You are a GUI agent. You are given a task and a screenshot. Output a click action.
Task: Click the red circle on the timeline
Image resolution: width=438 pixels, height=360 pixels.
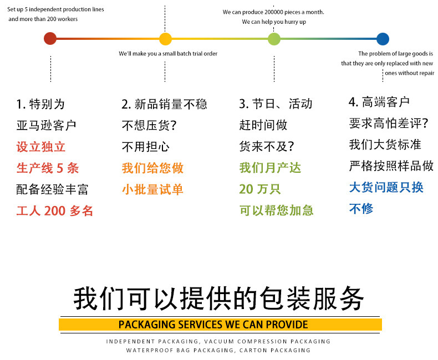coord(50,39)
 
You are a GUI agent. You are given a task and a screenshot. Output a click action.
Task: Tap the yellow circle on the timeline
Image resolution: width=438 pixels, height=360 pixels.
coord(165,39)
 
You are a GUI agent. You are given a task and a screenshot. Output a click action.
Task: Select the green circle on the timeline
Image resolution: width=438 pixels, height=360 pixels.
coord(274,39)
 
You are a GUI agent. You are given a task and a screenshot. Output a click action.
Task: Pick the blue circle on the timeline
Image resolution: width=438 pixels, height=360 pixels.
coord(383,39)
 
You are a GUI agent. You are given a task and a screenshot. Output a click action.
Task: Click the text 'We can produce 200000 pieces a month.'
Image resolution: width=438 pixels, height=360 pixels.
coord(273,12)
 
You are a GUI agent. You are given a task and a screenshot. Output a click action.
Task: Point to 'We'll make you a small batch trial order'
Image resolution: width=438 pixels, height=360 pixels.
coord(168,54)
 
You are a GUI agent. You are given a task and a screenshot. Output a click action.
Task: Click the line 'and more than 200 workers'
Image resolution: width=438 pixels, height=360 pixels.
coord(43,19)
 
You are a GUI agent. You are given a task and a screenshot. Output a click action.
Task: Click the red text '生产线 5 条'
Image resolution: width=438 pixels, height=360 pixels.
coord(48,168)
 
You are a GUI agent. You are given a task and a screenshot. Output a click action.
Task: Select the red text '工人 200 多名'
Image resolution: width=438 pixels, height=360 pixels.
coord(55,211)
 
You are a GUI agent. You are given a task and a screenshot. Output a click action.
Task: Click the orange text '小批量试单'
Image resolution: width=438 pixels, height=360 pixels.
coord(152,189)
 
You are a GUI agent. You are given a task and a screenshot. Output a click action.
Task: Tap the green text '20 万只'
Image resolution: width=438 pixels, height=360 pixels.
coord(260,189)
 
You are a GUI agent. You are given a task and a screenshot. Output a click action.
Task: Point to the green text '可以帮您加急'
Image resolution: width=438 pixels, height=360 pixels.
coord(276,210)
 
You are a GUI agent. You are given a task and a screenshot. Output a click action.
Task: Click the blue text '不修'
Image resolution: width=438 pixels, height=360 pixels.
coord(361,209)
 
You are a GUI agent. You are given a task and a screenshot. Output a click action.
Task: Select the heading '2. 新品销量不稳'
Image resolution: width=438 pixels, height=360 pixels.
coord(164,104)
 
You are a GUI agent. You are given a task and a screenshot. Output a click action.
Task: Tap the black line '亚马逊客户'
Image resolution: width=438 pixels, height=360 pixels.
coord(46,126)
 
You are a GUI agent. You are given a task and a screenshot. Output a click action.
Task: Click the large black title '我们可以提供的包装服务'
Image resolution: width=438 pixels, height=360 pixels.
coord(219,299)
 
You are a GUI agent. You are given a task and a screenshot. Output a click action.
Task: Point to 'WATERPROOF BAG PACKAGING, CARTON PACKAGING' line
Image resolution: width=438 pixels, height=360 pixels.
coord(218,351)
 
